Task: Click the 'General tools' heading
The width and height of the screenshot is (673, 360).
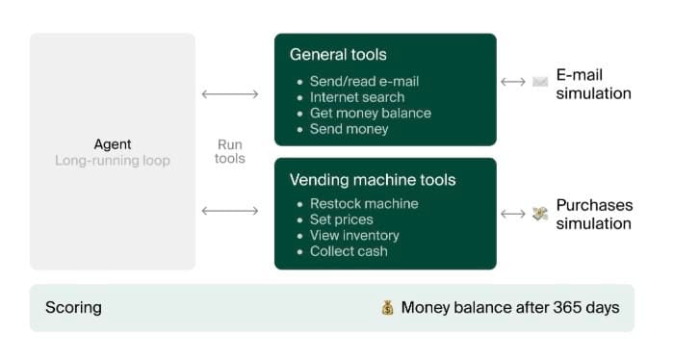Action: point(338,55)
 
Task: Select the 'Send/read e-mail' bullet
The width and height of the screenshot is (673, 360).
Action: point(364,81)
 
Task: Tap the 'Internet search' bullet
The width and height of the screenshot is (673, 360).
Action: point(357,97)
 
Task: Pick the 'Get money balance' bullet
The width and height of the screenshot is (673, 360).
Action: point(371,113)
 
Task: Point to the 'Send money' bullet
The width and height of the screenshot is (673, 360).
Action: point(349,129)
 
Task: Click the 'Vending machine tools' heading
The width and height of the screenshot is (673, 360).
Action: point(373,180)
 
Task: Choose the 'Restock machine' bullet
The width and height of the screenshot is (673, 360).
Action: point(364,203)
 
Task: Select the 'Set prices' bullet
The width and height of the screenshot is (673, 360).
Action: point(341,219)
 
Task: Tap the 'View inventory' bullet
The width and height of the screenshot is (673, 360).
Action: point(354,235)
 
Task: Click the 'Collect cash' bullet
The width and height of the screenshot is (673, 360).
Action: point(349,251)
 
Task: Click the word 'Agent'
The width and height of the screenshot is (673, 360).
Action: point(113,144)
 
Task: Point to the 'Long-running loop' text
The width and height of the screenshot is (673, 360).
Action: point(113,161)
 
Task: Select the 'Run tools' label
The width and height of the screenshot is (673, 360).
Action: point(230,151)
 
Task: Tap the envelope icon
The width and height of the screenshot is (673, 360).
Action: point(540,82)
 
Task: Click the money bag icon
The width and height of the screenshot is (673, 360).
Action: point(388,308)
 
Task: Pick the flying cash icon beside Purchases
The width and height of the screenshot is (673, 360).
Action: point(540,214)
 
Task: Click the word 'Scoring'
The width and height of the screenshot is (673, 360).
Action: point(73,308)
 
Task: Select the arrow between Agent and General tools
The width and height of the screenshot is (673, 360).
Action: point(230,94)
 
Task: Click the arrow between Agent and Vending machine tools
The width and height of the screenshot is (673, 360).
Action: point(230,211)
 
